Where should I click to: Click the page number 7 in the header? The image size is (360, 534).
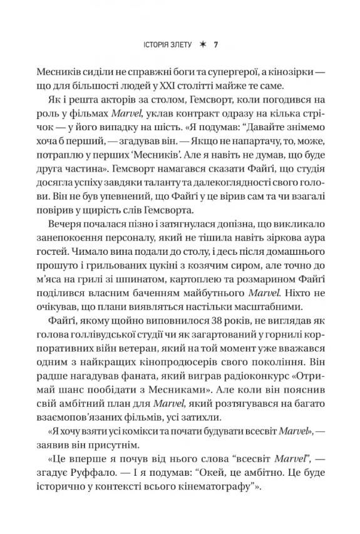tap(215, 45)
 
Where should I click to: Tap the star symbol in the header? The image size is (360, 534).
tap(202, 45)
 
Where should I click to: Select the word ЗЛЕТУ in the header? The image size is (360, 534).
tap(185, 45)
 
